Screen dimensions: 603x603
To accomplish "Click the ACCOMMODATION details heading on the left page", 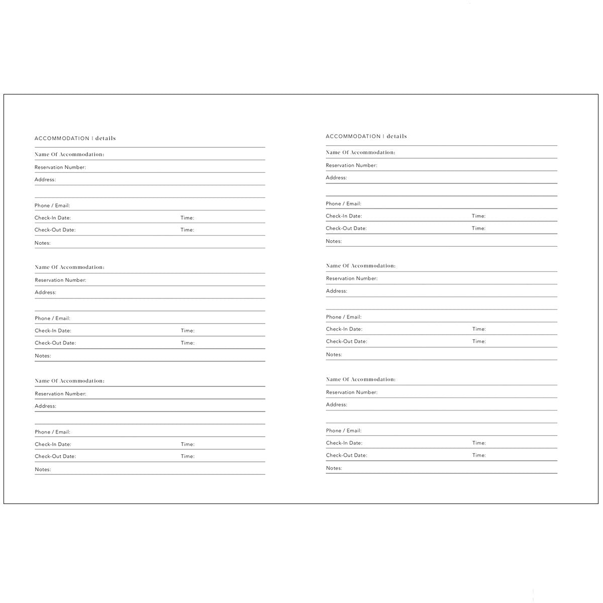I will [75, 138].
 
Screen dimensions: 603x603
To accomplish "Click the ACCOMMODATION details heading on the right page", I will [366, 136].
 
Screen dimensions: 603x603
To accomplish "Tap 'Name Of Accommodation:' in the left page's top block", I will [69, 154].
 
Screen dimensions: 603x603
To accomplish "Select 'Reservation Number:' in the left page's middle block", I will [60, 280].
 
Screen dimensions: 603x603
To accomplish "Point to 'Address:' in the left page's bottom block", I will [45, 406].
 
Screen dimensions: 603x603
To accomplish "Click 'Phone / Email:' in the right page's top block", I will [343, 204].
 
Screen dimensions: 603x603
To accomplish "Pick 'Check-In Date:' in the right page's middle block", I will [344, 329].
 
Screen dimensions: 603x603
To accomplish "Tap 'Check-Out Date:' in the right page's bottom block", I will [346, 455].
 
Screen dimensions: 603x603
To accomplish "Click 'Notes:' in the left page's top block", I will [43, 243].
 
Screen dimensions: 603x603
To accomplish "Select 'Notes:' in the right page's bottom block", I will [334, 468].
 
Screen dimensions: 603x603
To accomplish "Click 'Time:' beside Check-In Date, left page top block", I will [187, 218].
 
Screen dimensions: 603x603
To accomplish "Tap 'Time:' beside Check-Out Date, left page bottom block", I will [187, 456].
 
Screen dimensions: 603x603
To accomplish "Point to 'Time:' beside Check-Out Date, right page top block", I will [478, 228].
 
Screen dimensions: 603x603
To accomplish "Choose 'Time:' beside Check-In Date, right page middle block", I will [479, 329].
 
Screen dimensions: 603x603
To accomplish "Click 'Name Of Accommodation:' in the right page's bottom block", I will [360, 379].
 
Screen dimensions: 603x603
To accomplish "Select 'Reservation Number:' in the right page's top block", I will [351, 165].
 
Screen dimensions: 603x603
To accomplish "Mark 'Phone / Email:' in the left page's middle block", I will [52, 318].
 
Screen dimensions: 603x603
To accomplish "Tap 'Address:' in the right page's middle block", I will [336, 291].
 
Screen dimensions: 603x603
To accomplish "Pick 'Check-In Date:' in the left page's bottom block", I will [53, 444].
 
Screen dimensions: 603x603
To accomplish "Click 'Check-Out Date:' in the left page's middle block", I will [55, 343].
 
